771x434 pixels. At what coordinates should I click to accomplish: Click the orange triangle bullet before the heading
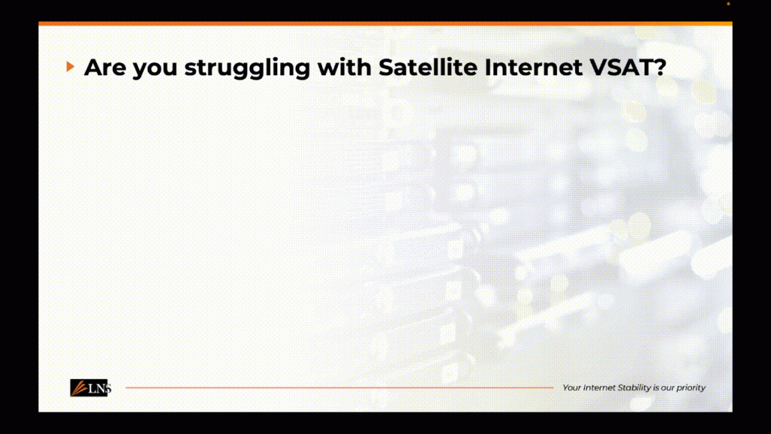70,66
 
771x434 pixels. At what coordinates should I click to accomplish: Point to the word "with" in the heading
344,67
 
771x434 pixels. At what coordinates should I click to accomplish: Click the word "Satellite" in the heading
428,67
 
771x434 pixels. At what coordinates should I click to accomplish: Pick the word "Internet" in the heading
534,67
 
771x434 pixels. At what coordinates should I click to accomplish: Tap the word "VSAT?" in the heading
628,67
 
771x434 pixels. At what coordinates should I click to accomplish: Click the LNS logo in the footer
90,388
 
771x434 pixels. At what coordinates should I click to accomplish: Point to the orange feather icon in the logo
78,388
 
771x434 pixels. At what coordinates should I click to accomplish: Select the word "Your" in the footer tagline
571,388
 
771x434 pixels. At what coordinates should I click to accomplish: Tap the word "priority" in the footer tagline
691,388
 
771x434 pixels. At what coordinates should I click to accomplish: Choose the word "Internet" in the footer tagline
599,388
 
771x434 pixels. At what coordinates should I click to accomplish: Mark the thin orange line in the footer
340,388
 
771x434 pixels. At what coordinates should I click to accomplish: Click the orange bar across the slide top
385,23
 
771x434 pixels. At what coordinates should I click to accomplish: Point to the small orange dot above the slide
728,4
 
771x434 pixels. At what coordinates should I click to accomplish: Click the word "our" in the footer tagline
667,388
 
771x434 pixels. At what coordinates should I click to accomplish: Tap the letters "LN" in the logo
97,389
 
